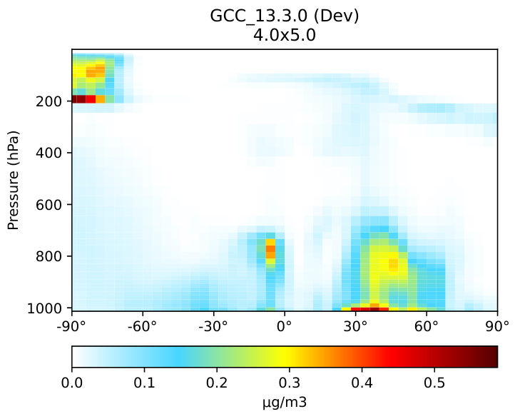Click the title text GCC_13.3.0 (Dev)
pyautogui.click(x=285, y=16)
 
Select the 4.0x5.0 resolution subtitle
pyautogui.click(x=285, y=34)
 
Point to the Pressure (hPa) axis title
pyautogui.click(x=13, y=179)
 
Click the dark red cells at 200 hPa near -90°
pyautogui.click(x=79, y=99)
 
